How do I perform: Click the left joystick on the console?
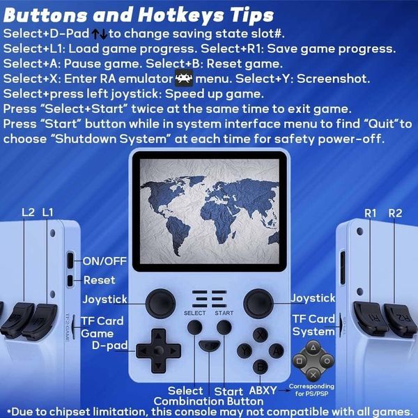(160, 304)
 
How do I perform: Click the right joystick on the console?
(258, 303)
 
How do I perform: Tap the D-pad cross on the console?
(159, 350)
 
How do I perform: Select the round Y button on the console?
(245, 351)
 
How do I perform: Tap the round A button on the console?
(277, 351)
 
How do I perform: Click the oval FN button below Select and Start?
(210, 346)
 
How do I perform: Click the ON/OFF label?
(104, 261)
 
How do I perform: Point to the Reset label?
(99, 280)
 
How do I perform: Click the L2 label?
(29, 212)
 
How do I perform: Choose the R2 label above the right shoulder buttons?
(395, 213)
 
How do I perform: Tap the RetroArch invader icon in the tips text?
(184, 78)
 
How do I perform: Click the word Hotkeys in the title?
(181, 15)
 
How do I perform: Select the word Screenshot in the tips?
(333, 79)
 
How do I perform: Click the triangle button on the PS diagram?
(313, 348)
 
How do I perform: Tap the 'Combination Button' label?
(208, 401)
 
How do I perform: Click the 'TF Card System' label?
(313, 325)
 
